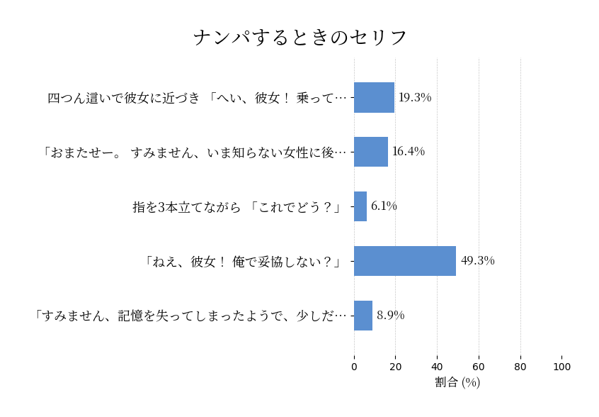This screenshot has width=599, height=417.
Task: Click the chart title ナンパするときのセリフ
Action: [299, 38]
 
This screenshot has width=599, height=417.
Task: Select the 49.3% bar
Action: [405, 261]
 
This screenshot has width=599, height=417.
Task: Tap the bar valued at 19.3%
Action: [374, 98]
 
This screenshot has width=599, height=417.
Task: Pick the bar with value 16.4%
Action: [371, 152]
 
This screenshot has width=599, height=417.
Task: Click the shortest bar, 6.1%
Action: [360, 206]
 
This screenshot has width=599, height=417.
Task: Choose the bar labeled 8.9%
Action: [363, 316]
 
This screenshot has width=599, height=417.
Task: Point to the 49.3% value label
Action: [477, 261]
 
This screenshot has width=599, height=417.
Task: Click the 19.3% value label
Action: [414, 98]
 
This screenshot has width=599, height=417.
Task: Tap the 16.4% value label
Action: [408, 152]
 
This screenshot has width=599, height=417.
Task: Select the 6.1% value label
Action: [384, 206]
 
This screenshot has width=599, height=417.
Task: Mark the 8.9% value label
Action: [390, 316]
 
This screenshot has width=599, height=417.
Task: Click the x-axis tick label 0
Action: [354, 367]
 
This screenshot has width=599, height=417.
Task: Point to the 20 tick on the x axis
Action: [396, 367]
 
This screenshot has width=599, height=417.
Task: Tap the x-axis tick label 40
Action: [437, 367]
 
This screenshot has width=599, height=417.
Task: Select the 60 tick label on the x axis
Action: [479, 367]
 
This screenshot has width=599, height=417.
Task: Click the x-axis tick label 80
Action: [520, 367]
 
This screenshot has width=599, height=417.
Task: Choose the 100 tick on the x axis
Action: [562, 367]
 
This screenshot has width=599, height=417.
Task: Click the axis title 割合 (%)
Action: [457, 382]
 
